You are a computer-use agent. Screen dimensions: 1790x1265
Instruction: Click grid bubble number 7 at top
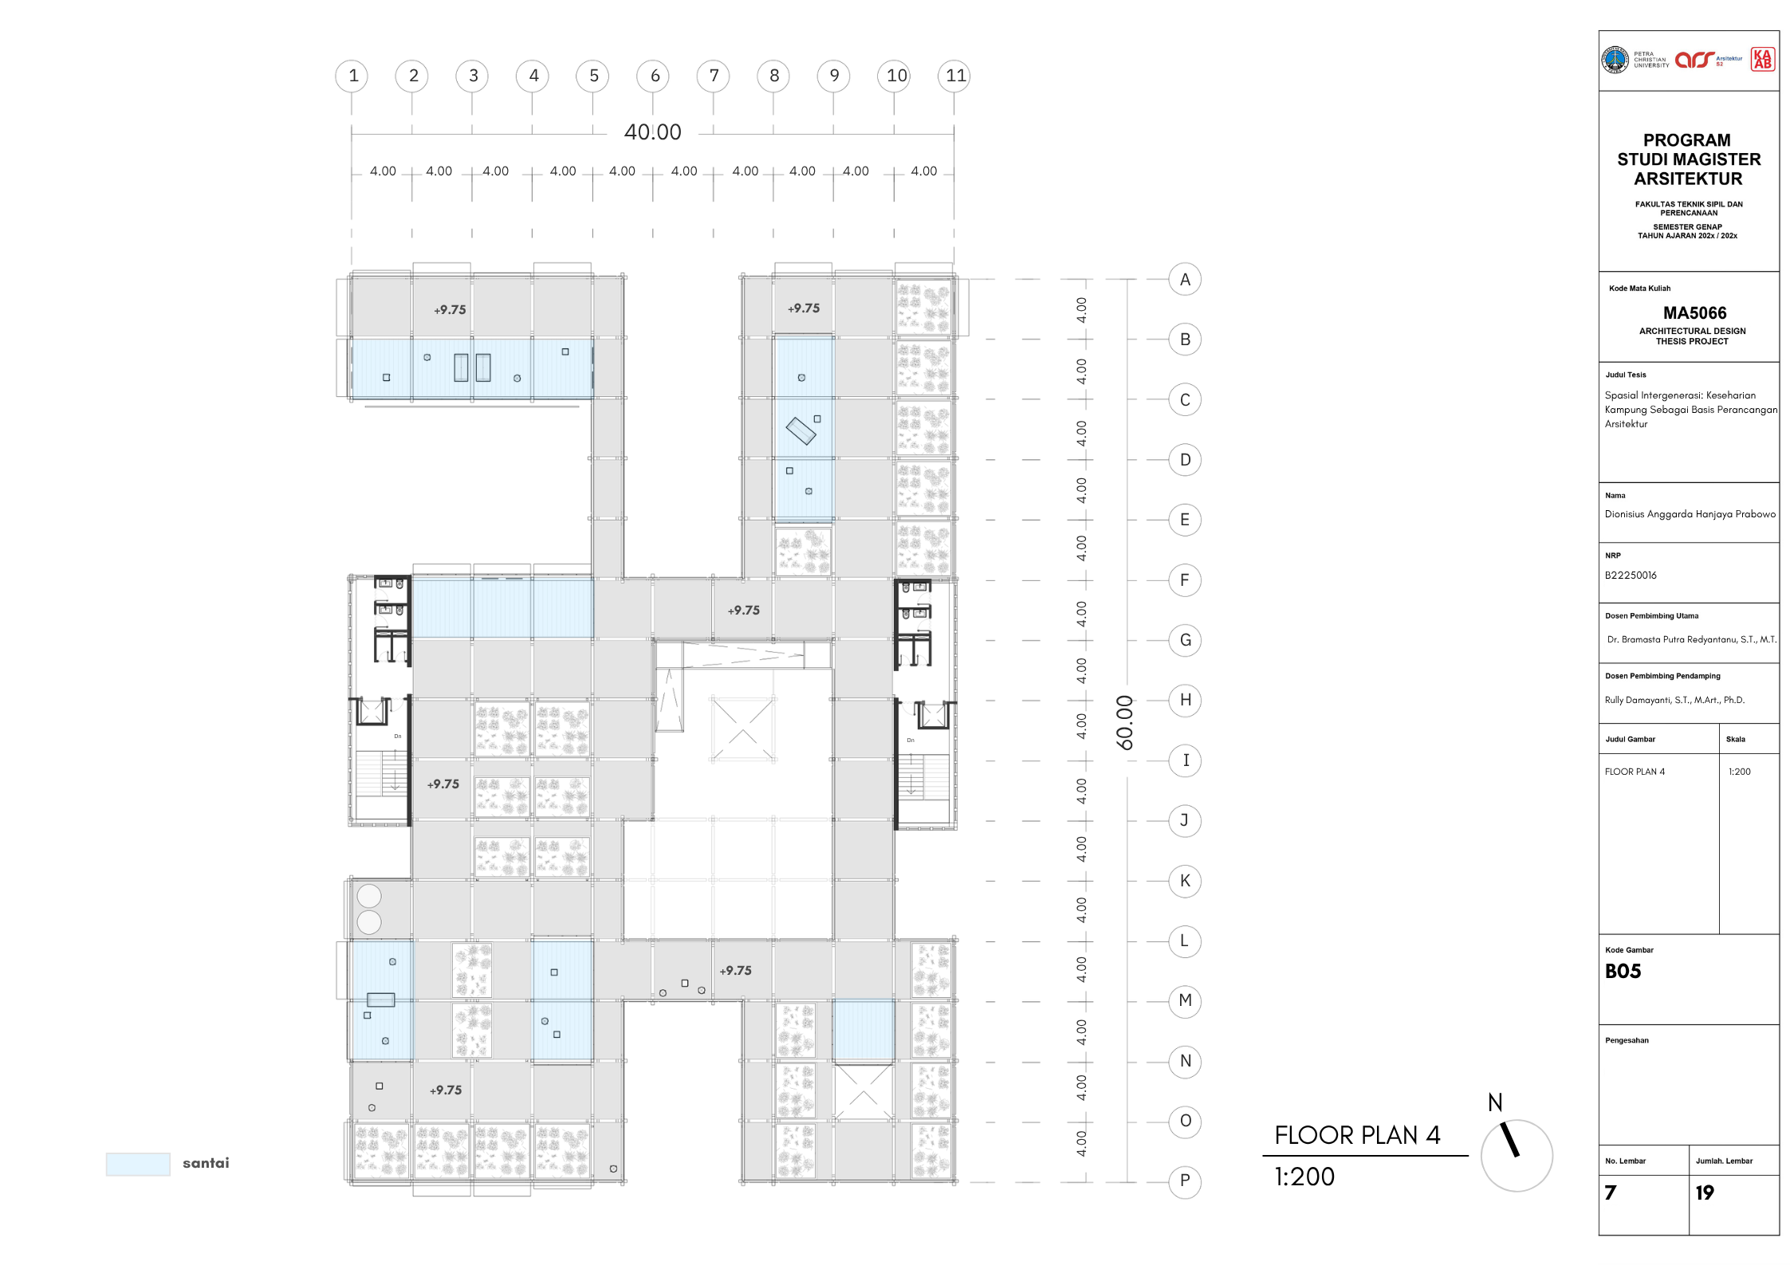714,76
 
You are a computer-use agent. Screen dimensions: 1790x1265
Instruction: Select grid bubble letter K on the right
1185,881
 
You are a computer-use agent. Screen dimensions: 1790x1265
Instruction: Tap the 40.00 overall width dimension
652,132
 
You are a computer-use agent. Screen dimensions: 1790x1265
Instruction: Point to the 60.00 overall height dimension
1124,722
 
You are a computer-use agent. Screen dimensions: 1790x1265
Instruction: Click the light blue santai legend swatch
138,1164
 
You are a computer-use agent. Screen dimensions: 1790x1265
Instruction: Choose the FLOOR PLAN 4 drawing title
1357,1135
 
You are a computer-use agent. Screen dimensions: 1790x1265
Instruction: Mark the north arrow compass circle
1517,1155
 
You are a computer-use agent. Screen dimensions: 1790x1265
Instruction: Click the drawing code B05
1623,971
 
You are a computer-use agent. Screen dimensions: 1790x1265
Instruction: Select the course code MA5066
1694,313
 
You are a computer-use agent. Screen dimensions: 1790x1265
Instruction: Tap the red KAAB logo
1763,59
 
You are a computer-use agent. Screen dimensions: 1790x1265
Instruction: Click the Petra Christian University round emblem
1615,60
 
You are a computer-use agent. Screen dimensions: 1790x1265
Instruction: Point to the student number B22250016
1631,576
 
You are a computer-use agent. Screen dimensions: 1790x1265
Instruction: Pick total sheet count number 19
1705,1192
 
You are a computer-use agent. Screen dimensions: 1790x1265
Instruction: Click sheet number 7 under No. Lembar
1611,1192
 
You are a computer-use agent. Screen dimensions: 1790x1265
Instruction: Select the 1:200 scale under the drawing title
1304,1177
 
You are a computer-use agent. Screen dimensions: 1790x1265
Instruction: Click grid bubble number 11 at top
955,76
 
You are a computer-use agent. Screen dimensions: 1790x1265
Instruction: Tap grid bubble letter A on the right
1185,280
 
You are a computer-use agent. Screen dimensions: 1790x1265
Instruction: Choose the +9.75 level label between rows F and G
743,611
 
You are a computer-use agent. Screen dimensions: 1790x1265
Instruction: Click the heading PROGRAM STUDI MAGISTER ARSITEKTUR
1689,159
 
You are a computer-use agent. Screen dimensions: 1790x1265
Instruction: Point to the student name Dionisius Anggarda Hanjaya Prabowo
1690,514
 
